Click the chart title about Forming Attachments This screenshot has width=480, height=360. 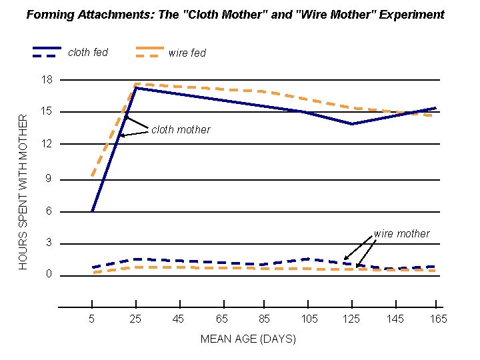point(235,14)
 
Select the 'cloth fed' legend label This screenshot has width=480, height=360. point(88,52)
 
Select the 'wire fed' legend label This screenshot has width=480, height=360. point(187,53)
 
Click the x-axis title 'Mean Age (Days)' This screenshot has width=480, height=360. point(248,339)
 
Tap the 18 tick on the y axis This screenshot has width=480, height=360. point(47,80)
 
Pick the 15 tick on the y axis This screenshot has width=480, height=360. point(47,111)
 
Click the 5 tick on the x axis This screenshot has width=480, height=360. point(92,319)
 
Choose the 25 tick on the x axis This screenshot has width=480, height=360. point(135,319)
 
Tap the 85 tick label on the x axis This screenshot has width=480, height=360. point(265,319)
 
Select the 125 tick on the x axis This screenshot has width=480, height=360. point(351,319)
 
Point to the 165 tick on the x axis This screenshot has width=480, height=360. point(438,319)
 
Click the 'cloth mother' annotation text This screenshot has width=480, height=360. point(181,130)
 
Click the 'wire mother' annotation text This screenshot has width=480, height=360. point(401,233)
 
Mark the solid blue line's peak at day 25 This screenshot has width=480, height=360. point(136,88)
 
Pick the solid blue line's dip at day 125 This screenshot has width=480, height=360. point(351,124)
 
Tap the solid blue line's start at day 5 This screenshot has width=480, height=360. point(92,211)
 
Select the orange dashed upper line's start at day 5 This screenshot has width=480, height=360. point(92,177)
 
